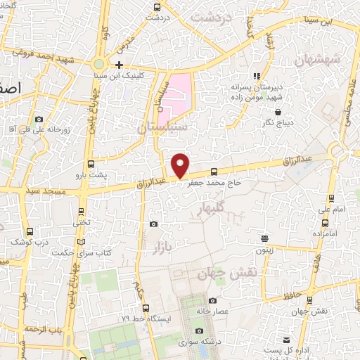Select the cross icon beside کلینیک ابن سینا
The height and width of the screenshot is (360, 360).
click(120, 65)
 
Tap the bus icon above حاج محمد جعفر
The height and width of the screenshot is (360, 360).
click(214, 172)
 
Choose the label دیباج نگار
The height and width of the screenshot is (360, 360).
click(278, 122)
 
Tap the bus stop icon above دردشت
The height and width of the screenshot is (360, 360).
click(157, 8)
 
